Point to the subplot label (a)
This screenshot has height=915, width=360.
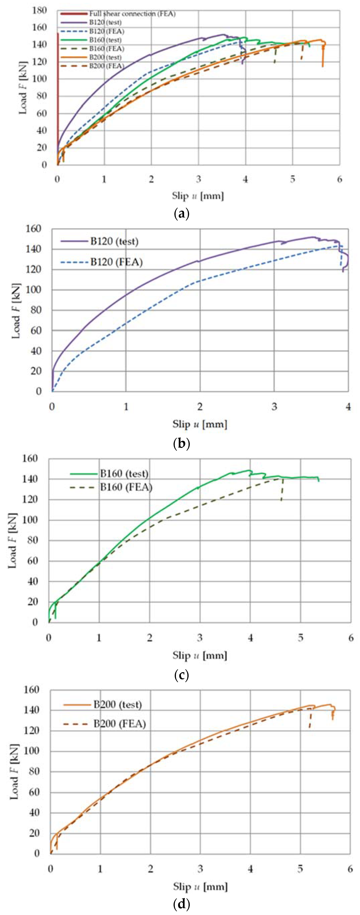182,214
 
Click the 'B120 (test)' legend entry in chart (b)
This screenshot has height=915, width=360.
114,241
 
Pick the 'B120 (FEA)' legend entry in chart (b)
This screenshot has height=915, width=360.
116,262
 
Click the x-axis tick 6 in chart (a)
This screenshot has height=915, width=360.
339,179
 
